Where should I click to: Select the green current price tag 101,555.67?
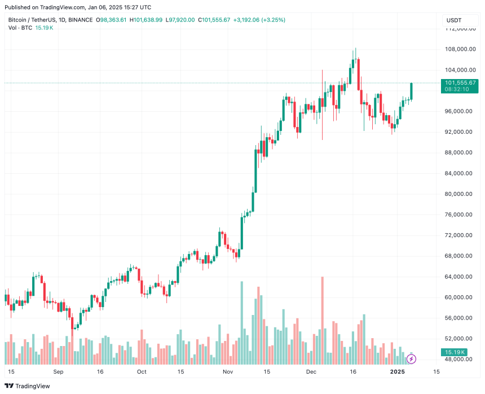click(460, 82)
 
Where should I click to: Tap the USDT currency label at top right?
click(454, 20)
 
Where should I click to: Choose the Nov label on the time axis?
click(228, 372)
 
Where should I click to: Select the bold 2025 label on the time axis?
click(398, 372)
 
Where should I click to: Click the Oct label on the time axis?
click(142, 372)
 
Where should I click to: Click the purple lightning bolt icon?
click(411, 359)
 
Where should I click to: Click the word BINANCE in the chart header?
click(80, 20)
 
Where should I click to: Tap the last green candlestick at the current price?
click(411, 91)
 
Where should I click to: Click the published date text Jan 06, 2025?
click(105, 7)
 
